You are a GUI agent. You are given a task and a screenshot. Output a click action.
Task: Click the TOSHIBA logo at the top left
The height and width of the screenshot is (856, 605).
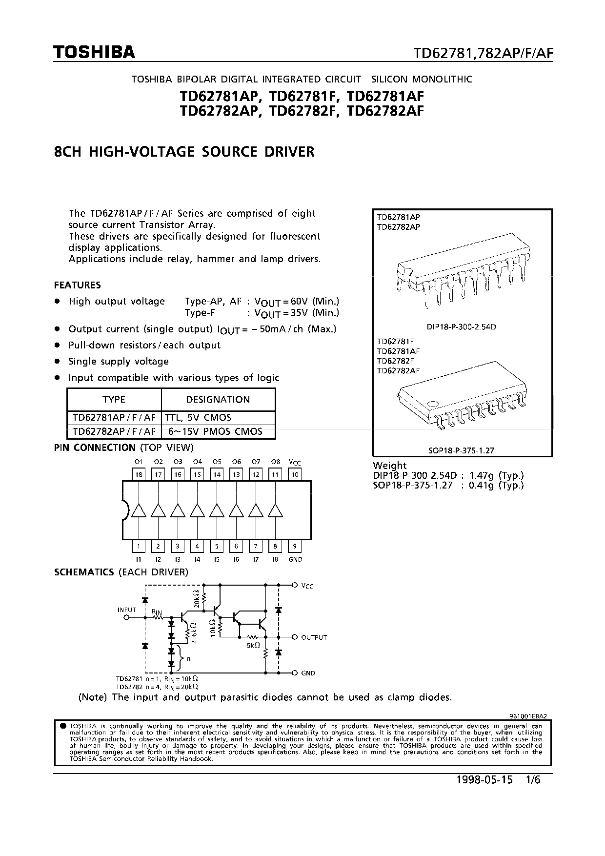pos(95,53)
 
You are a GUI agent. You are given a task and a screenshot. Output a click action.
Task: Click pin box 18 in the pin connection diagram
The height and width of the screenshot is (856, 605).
pos(139,474)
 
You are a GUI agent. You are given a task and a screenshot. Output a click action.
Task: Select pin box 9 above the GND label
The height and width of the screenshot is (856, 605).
pos(295,546)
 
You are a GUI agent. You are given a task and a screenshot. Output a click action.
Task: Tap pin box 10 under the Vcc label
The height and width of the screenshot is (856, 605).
pos(295,474)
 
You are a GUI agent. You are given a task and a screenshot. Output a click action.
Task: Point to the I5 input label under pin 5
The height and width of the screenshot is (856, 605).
pos(217,559)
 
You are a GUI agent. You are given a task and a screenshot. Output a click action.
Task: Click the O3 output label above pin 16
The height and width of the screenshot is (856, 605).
pos(178,462)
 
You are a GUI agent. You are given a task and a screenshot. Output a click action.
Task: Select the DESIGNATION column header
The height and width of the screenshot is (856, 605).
pos(218,399)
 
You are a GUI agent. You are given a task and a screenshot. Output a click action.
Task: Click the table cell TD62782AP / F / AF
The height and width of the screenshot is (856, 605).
pos(114,431)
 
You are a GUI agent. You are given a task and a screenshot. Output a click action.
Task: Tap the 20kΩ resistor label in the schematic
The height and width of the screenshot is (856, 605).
pos(196,598)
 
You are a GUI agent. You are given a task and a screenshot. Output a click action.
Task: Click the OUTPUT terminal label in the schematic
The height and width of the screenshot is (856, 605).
pos(314,637)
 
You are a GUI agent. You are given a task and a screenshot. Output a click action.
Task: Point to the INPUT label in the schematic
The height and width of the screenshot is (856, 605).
pos(127,610)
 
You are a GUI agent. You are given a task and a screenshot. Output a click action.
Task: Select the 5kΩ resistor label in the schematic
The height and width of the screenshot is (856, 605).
pos(253,645)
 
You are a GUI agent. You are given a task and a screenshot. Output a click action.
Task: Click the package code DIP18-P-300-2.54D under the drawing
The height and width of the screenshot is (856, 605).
pos(461,327)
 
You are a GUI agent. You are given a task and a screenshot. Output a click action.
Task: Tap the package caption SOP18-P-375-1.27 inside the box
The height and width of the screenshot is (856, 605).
pos(461,450)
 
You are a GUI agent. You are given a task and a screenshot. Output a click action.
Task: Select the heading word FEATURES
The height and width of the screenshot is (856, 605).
pos(78,285)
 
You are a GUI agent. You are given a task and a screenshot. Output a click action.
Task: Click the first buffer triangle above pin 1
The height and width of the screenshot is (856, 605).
pos(139,510)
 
